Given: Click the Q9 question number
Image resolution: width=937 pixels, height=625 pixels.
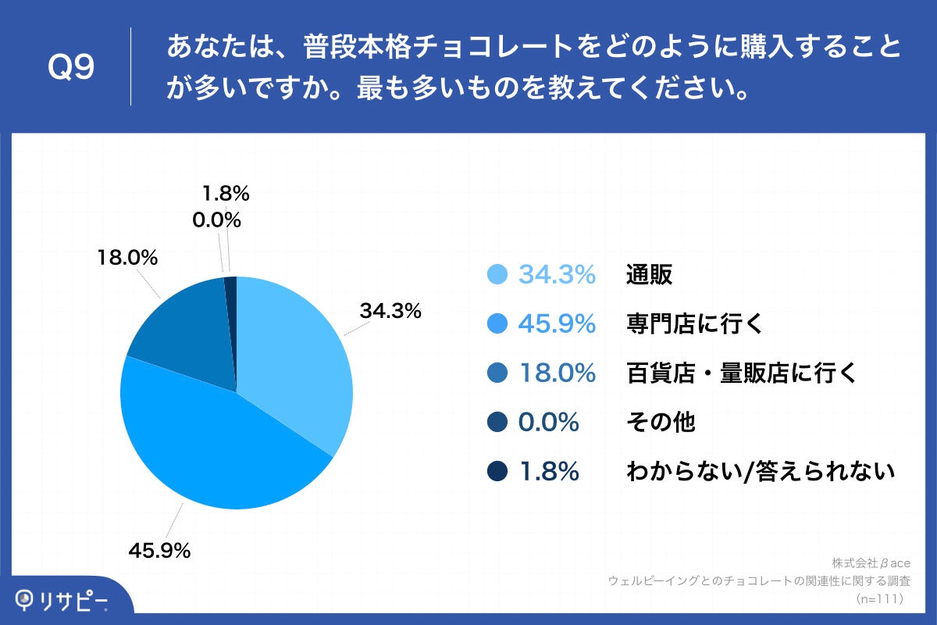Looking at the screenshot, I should (x=71, y=67).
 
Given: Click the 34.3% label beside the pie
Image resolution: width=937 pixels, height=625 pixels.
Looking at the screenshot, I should (x=390, y=311).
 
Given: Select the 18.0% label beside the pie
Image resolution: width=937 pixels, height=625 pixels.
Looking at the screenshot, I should (x=127, y=257).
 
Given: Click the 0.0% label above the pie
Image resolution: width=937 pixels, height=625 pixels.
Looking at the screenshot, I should (x=216, y=220).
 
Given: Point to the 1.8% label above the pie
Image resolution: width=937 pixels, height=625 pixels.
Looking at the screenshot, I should (x=226, y=193).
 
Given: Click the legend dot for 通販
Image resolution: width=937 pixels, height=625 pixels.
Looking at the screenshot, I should (x=497, y=275).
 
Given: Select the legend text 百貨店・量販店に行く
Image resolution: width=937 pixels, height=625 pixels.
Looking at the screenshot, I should (x=742, y=373).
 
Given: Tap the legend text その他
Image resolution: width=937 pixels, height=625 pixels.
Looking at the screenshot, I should (x=661, y=423).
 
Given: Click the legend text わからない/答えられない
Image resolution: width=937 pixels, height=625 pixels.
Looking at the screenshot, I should (x=760, y=472).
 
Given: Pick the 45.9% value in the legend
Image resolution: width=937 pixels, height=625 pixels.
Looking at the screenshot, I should (x=557, y=323).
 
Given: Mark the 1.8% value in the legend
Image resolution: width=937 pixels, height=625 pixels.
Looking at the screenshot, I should (x=548, y=472).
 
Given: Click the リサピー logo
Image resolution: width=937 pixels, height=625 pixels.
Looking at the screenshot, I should (x=62, y=599).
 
